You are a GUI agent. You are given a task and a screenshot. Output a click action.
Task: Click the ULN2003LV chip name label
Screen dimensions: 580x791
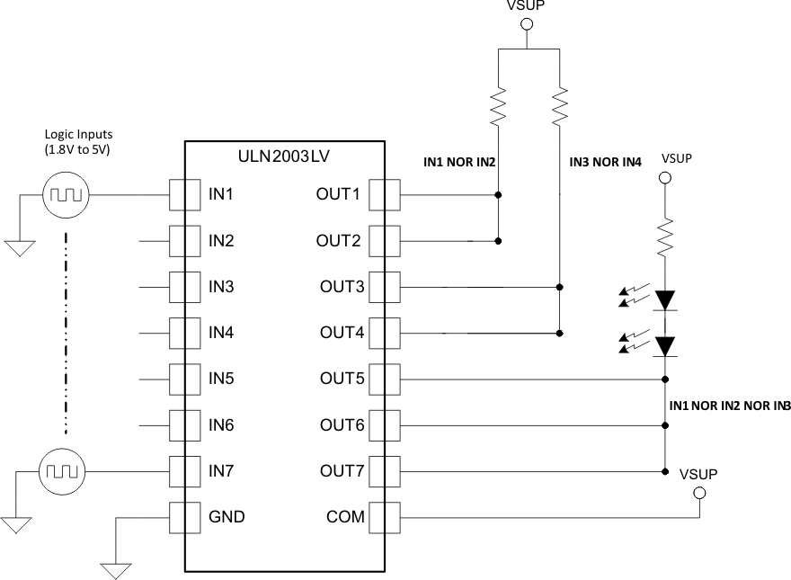pyautogui.click(x=285, y=156)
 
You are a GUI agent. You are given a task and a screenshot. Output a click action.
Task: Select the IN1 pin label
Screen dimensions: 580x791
pyautogui.click(x=221, y=194)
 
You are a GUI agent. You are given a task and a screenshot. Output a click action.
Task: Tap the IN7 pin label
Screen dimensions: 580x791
pyautogui.click(x=221, y=470)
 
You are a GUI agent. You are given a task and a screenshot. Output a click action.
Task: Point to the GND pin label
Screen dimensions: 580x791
pyautogui.click(x=227, y=517)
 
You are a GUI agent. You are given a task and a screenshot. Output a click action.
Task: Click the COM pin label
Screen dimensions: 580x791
pyautogui.click(x=342, y=517)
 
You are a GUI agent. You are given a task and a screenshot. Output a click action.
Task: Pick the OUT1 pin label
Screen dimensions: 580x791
pyautogui.click(x=340, y=194)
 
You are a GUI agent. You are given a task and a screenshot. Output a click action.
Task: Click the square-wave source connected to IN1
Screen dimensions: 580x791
pyautogui.click(x=65, y=194)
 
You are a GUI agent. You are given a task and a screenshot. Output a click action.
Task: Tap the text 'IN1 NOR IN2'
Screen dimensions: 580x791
pyautogui.click(x=460, y=163)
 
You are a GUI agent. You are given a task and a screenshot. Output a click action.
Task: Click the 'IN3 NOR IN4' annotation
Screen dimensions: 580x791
pyautogui.click(x=606, y=163)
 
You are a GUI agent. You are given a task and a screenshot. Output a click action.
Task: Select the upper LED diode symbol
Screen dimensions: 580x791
pyautogui.click(x=665, y=299)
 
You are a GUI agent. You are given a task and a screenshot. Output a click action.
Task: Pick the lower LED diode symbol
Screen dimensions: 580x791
pyautogui.click(x=665, y=345)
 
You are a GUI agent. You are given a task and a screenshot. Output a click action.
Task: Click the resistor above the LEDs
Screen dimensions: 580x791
pyautogui.click(x=665, y=237)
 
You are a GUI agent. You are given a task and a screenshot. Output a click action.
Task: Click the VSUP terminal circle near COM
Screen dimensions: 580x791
pyautogui.click(x=699, y=494)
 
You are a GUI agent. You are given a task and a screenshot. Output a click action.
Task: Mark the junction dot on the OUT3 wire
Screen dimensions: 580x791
pyautogui.click(x=560, y=287)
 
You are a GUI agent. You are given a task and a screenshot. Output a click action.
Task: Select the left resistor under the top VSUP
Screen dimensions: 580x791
pyautogui.click(x=498, y=107)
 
